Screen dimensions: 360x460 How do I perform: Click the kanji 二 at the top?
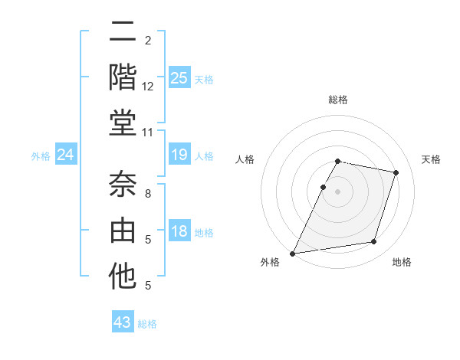pos(123,32)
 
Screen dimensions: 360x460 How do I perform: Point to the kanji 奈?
pos(123,185)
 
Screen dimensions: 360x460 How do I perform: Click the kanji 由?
pos(123,230)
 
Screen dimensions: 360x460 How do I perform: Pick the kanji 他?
pos(123,276)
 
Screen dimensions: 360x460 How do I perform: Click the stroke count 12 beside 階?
pos(148,87)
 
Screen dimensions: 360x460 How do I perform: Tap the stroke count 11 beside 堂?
pos(148,133)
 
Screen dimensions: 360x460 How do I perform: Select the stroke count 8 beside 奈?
pos(148,194)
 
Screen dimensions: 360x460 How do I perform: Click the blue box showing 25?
pos(179,77)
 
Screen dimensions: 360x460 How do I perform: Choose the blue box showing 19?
pos(179,155)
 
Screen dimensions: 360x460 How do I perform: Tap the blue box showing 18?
pos(179,231)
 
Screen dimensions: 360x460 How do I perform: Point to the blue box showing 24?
pos(65,155)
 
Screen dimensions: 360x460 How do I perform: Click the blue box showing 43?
pos(122,322)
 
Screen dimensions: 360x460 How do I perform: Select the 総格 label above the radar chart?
pos(338,100)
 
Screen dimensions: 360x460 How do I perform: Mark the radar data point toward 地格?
pos(374,242)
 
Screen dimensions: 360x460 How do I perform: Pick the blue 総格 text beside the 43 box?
pos(147,324)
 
